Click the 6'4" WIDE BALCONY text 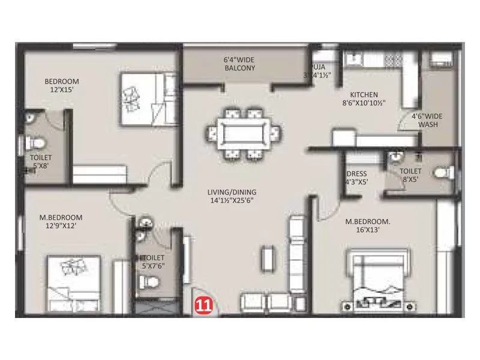(x=239, y=64)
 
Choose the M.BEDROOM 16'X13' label (x=368, y=226)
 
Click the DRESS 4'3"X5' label (x=356, y=178)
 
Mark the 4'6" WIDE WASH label (x=424, y=121)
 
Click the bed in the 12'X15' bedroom (x=147, y=99)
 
